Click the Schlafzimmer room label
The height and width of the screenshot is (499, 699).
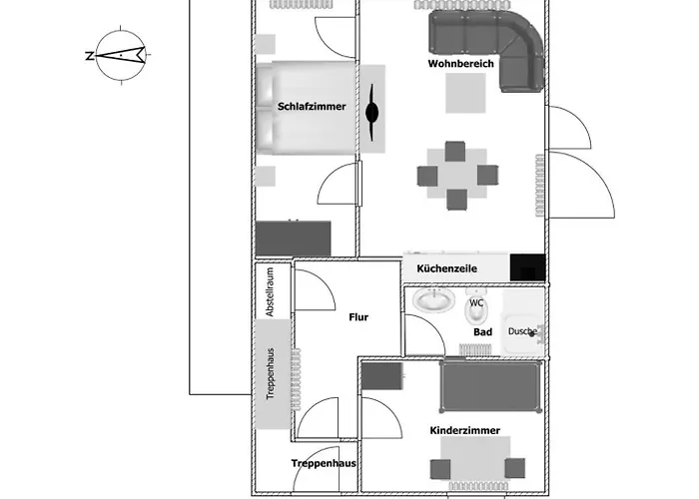point(312,107)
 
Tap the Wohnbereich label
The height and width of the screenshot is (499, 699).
point(461,64)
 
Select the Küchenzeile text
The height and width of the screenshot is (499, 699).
point(447,268)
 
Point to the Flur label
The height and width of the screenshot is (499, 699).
point(358,317)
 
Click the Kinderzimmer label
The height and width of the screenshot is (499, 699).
point(465,430)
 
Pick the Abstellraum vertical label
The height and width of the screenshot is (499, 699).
point(270,291)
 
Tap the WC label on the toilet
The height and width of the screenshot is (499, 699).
point(476,303)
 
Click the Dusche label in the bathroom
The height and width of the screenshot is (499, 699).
point(522,331)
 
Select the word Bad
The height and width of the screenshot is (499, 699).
point(482,332)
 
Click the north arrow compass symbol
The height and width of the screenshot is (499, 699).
point(121,55)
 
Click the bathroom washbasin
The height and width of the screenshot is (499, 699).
point(433,300)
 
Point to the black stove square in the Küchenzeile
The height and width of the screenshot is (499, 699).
point(528,267)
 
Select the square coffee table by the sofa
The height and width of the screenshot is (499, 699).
point(465,93)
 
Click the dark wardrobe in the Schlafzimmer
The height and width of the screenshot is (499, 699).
point(294,239)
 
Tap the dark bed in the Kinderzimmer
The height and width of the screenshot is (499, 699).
point(490,386)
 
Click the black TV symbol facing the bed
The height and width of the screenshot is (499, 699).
point(371,112)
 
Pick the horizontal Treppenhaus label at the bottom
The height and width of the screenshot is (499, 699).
point(324,463)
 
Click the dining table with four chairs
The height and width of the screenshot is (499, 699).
point(457,175)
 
